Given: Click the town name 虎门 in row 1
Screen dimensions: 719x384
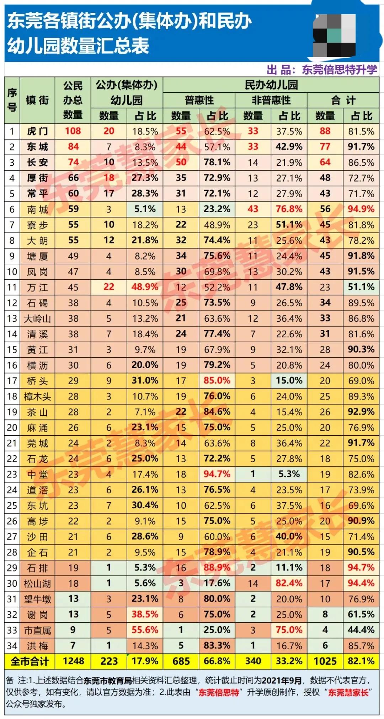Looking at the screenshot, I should pos(37,132).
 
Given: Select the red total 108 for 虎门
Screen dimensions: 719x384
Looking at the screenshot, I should pos(73,131).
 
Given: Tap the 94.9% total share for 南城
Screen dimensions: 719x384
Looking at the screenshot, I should pos(361,209).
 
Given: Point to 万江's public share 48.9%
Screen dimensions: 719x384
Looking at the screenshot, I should pos(145,287).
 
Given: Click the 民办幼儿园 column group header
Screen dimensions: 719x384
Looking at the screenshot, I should pos(271,85).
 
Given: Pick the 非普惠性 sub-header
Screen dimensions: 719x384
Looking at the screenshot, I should pos(271,101).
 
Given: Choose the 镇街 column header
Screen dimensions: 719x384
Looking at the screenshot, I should pos(37,101).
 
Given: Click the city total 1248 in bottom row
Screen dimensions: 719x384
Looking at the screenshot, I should pos(73,661).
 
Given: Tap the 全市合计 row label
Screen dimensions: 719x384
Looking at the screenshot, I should pos(30,661).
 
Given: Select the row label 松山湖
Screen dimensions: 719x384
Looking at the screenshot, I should pos(37,584).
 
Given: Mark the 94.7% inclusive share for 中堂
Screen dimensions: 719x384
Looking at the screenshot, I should pos(217,474).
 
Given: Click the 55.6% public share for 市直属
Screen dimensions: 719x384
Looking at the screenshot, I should pos(145,630).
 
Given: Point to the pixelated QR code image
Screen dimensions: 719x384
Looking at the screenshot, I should pos(334,34).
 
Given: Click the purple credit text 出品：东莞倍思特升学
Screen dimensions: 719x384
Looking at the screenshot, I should pos(321,70).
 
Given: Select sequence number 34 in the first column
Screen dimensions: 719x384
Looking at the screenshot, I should pos(12,646).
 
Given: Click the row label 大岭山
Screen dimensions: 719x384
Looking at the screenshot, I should pos(37,318).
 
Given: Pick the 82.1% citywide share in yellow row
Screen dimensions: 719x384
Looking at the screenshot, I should pos(361,661).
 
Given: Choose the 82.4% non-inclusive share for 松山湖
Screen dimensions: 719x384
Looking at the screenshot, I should pos(289,583).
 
